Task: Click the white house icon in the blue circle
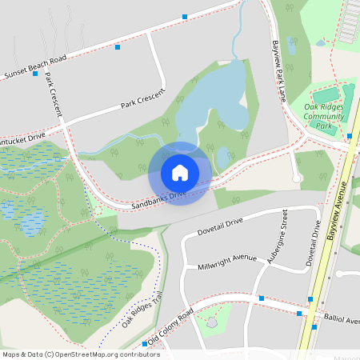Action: click(x=180, y=172)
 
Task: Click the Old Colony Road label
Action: click(x=170, y=327)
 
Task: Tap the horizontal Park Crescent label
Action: click(x=142, y=99)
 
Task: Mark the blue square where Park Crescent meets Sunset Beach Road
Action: click(x=35, y=74)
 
